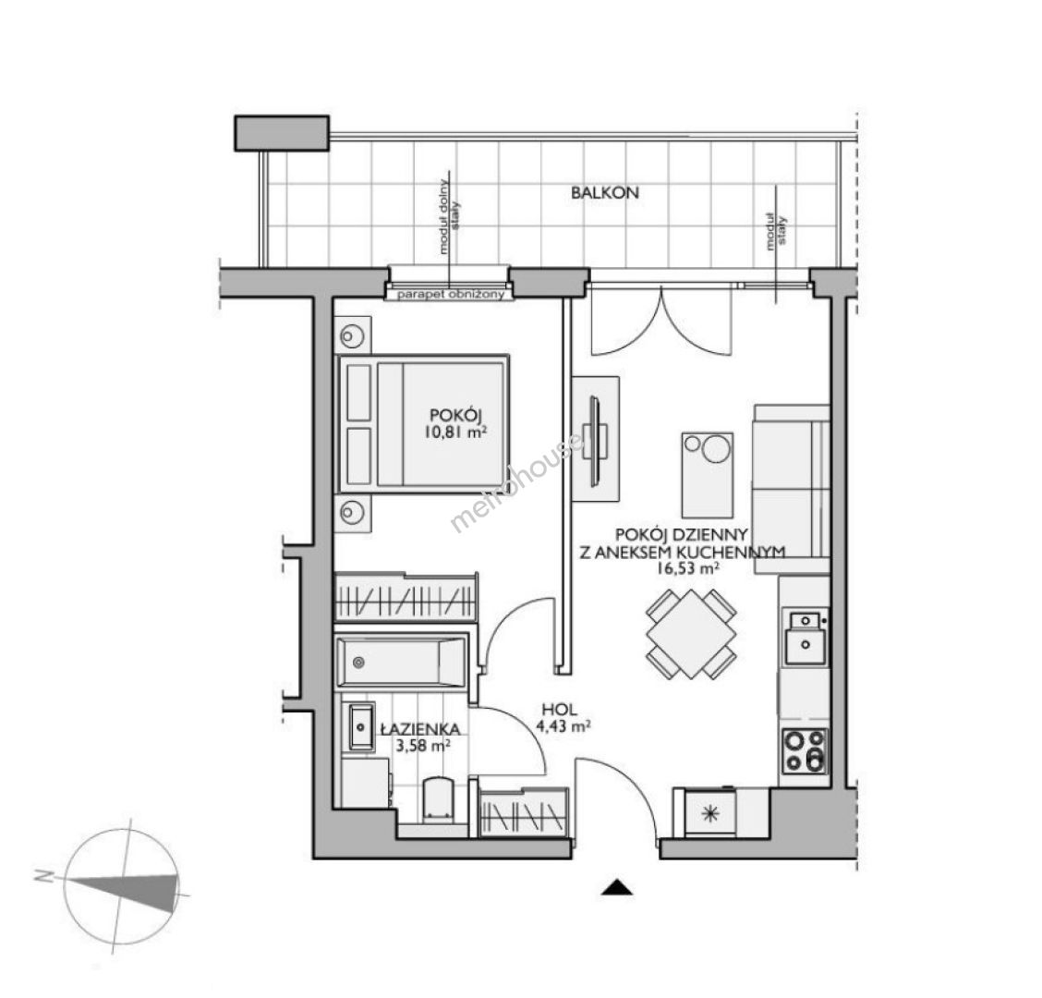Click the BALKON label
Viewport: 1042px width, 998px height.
[605, 193]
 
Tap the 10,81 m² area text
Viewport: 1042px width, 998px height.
[456, 432]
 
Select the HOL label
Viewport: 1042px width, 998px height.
[558, 710]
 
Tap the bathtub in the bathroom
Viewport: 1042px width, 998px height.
[402, 662]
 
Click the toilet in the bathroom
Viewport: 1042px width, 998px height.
[438, 798]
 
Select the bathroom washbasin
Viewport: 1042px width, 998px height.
[361, 726]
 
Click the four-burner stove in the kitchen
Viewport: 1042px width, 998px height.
[805, 750]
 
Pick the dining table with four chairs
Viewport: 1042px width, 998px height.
[691, 634]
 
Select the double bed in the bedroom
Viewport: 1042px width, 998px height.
[423, 423]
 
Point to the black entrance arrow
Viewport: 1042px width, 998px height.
[617, 888]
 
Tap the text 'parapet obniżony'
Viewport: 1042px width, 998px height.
[451, 294]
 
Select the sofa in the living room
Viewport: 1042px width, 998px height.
[791, 481]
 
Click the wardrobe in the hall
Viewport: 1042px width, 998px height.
[525, 812]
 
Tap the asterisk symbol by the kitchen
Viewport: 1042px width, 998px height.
[710, 812]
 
